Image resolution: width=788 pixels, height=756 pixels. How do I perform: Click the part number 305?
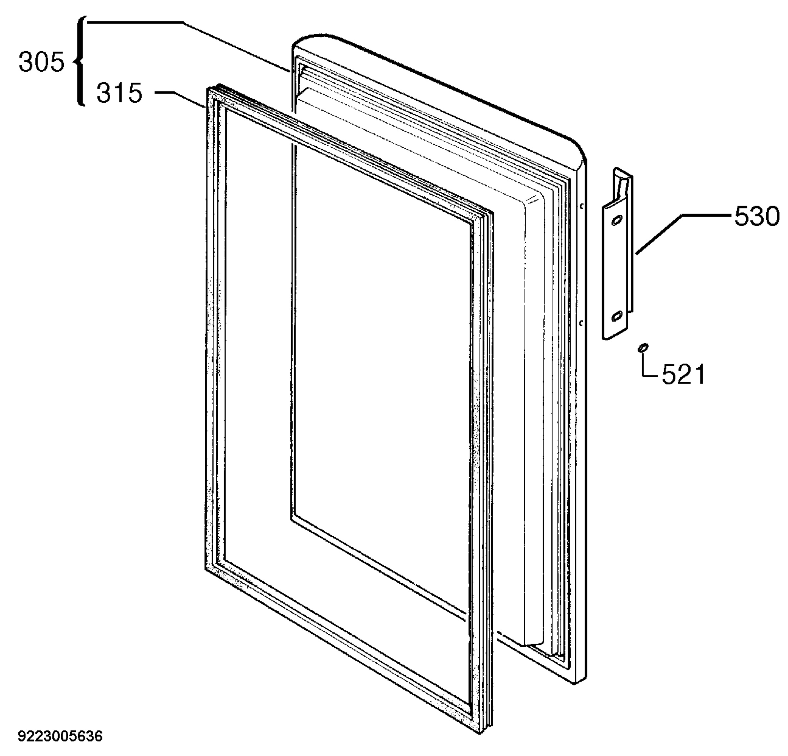(41, 63)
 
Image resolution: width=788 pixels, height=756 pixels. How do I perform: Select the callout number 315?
(120, 93)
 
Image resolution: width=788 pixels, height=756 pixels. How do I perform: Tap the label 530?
(756, 217)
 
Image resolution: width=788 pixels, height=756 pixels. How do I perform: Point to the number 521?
(684, 374)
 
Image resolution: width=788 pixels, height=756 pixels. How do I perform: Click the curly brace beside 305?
(80, 61)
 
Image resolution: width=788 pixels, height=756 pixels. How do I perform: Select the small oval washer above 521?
(643, 347)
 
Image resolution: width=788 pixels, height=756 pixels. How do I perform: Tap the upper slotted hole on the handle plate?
(617, 221)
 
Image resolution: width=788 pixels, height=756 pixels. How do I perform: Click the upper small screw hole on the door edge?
(581, 206)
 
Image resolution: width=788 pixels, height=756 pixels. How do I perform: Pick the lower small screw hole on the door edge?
(581, 322)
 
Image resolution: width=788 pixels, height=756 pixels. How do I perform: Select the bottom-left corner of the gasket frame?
(205, 569)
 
